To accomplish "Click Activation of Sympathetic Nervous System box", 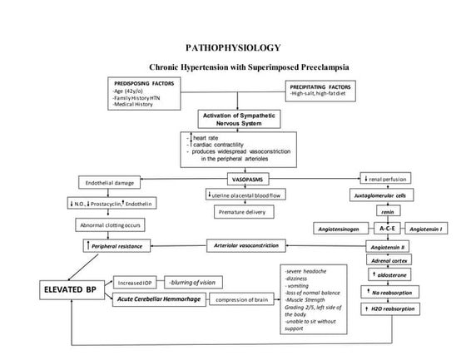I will [x=234, y=119].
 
